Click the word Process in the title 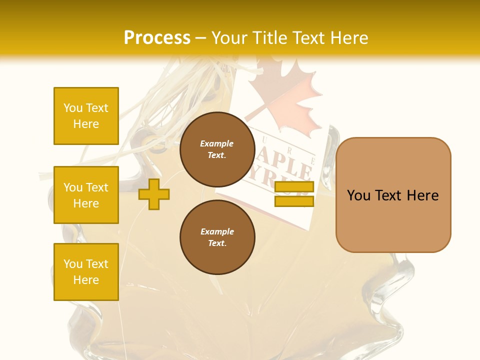click(x=157, y=37)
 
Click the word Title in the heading click(x=269, y=37)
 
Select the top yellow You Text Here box click(x=86, y=116)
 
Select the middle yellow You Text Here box click(x=86, y=195)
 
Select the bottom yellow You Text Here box click(x=86, y=272)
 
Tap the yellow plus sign click(x=154, y=194)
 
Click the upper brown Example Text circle click(x=217, y=149)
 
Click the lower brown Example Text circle click(x=217, y=237)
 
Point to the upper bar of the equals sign click(x=294, y=187)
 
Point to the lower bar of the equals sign click(x=294, y=201)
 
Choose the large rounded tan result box click(x=393, y=195)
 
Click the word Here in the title click(x=349, y=37)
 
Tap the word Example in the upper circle click(x=217, y=143)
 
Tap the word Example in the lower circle click(x=217, y=231)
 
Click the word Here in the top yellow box click(x=86, y=124)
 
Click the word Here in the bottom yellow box click(x=86, y=280)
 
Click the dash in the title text click(x=201, y=38)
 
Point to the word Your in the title click(x=229, y=37)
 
